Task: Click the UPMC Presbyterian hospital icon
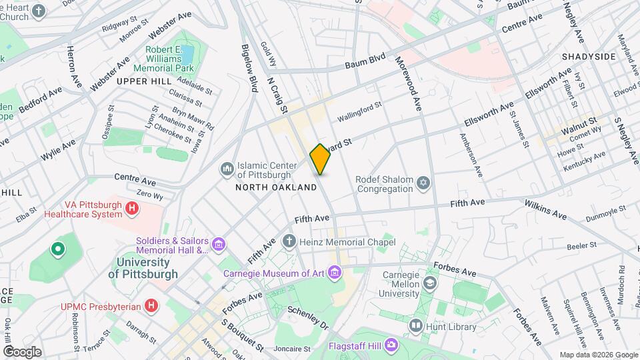pyautogui.click(x=152, y=306)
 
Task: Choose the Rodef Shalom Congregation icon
pyautogui.click(x=422, y=183)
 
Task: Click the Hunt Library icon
pyautogui.click(x=417, y=326)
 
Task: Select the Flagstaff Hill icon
pyautogui.click(x=391, y=346)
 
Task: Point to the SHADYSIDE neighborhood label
pyautogui.click(x=589, y=57)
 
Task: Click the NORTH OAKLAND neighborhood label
pyautogui.click(x=276, y=188)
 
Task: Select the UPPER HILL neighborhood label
pyautogui.click(x=139, y=81)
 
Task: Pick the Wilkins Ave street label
pyautogui.click(x=545, y=209)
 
